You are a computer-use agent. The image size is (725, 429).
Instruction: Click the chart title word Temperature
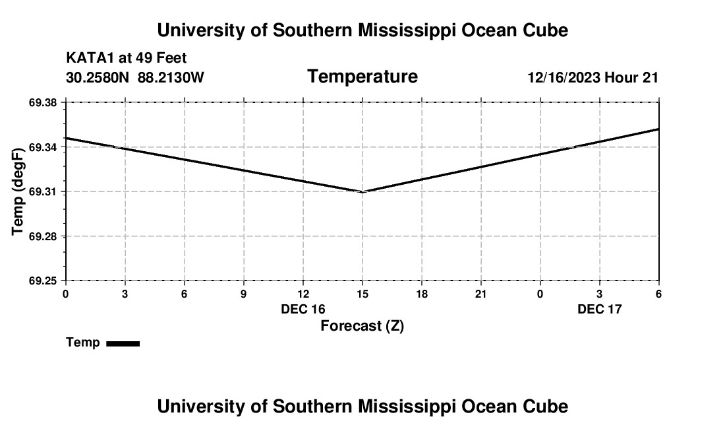coord(362,77)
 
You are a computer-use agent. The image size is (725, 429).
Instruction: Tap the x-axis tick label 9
coord(244,294)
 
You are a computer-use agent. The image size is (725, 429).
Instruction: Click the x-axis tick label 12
coord(303,294)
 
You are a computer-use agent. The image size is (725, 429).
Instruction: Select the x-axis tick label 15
coord(362,294)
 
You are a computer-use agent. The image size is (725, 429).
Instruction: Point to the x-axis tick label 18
coord(422,294)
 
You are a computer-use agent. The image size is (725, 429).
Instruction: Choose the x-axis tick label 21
coord(481,294)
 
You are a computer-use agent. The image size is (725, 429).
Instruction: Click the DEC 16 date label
coord(303,309)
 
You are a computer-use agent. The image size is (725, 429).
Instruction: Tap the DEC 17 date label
coord(600,309)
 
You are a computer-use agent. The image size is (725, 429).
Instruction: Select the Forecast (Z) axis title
coord(362,325)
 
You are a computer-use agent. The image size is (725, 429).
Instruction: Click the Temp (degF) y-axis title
coord(18,191)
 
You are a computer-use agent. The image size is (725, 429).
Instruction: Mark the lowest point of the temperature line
coord(362,191)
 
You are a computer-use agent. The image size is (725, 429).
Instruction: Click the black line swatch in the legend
coord(123,343)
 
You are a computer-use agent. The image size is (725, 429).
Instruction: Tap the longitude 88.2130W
coord(171,78)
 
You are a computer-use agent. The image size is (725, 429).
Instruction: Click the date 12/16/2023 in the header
coord(564,78)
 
